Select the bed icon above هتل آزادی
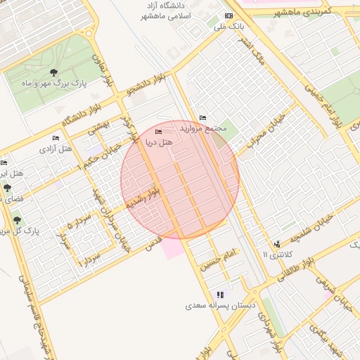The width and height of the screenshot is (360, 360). pos(56,138)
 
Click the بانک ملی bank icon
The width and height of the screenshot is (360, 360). pos(229,15)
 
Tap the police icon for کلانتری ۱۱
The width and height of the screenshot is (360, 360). pos(276,243)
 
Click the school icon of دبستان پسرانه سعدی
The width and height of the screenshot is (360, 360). pos(220,295)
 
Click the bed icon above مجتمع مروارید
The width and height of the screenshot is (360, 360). pos(203,117)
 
